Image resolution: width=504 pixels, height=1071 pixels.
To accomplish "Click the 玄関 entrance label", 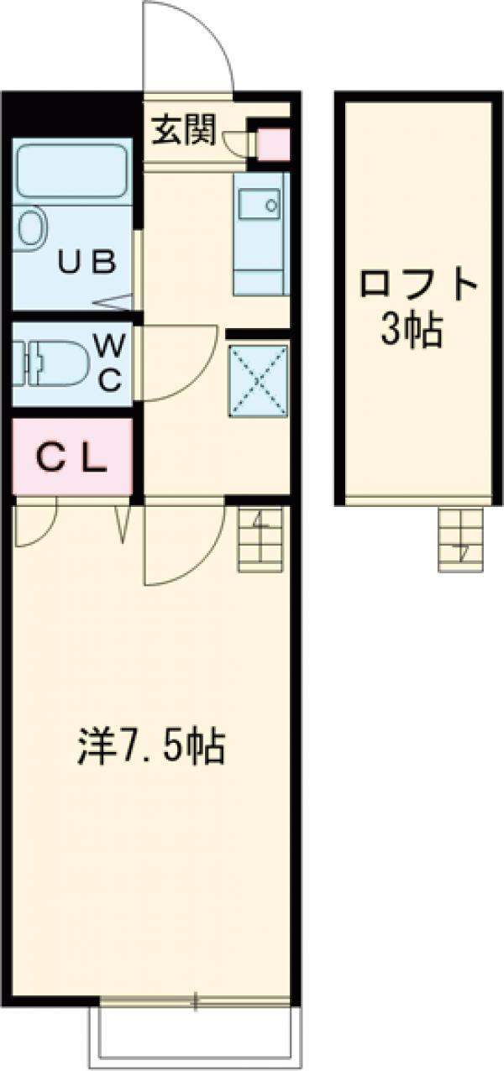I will pos(185,130).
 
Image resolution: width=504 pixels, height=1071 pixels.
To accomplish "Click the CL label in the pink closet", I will pos(71,458).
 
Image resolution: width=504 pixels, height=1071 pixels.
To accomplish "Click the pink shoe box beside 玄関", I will pos(272,144).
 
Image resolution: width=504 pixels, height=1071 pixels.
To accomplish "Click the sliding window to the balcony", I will pos(195,1000).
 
